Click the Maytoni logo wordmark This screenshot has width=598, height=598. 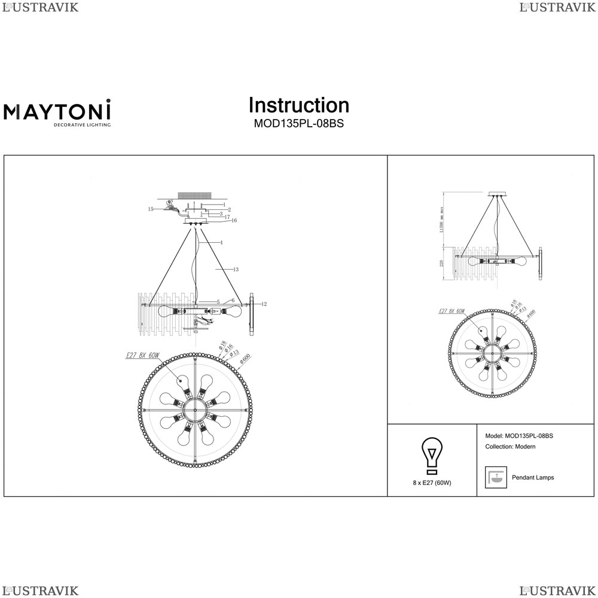click(57, 112)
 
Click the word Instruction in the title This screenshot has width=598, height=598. click(298, 105)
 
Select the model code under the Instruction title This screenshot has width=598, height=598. click(298, 124)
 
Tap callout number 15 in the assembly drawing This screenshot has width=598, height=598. click(151, 209)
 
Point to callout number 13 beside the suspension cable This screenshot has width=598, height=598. click(236, 270)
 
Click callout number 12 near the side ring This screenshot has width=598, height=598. click(264, 304)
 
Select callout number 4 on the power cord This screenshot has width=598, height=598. click(221, 243)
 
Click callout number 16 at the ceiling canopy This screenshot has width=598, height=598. click(234, 221)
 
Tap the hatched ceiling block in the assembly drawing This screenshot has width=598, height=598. click(194, 196)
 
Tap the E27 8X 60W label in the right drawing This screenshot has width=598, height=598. click(451, 311)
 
